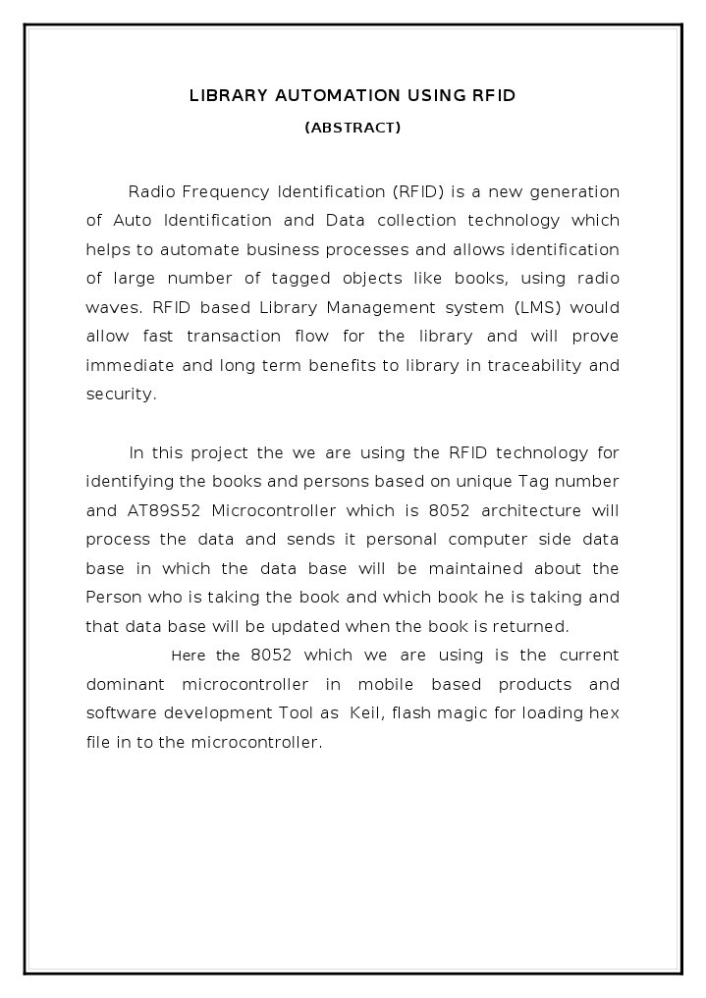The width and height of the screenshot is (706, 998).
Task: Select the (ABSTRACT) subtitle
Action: [353, 128]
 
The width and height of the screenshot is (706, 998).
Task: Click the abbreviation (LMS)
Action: [536, 307]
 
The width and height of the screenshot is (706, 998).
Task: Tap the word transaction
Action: [233, 337]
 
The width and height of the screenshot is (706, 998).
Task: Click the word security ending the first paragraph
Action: [120, 394]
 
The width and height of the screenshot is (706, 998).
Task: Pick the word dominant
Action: [124, 684]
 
